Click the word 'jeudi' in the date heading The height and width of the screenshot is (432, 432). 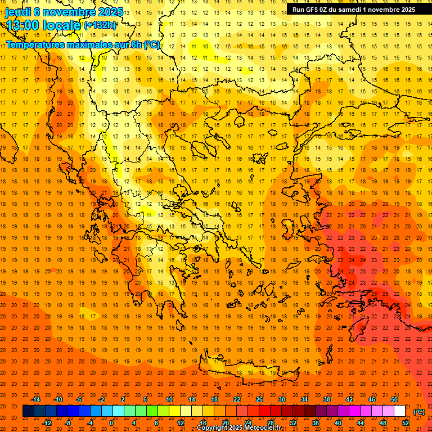pos(18,12)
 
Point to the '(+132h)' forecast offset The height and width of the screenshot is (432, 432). pos(100,25)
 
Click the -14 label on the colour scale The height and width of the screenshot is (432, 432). pos(35,399)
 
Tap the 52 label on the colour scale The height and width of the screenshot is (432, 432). pos(406,423)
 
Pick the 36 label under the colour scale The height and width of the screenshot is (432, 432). pos(315,423)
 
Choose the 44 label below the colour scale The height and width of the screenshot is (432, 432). pos(361,423)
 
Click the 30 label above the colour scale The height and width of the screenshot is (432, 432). pos(281,399)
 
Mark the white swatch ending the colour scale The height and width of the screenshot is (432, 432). pos(399,411)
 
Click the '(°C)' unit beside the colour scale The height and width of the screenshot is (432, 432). pos(419,411)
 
